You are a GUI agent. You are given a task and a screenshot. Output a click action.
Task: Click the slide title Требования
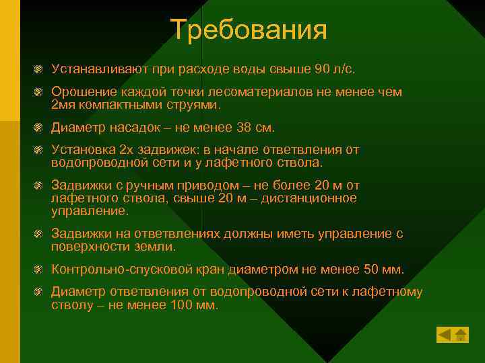[x=249, y=30]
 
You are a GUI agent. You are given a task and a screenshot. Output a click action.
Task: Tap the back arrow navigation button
[x=444, y=334]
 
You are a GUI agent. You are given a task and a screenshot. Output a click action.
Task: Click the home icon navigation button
[x=461, y=334]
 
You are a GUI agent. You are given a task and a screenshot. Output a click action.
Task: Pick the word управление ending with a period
[x=89, y=210]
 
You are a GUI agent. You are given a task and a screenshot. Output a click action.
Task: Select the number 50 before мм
[x=370, y=270]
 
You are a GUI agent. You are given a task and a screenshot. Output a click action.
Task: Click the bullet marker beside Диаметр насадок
[x=40, y=128]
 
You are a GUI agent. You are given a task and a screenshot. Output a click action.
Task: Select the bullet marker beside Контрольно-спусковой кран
[x=40, y=270]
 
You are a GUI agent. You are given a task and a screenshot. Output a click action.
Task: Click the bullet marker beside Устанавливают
[x=40, y=70]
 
